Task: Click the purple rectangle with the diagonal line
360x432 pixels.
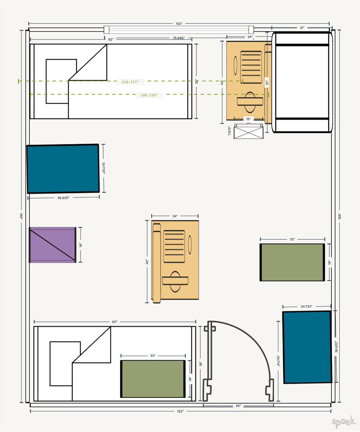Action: [x=53, y=245]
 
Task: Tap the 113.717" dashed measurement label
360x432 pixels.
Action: [x=130, y=82]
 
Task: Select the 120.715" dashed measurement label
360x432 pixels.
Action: [x=149, y=95]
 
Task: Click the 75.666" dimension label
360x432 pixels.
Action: [x=178, y=38]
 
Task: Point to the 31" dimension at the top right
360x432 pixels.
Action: [x=302, y=28]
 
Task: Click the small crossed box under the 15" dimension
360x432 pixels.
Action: [x=248, y=131]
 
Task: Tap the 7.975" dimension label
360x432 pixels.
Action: [x=230, y=131]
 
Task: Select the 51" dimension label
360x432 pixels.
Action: [x=266, y=81]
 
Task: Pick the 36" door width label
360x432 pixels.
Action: [x=238, y=406]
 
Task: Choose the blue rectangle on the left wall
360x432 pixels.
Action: [x=63, y=169]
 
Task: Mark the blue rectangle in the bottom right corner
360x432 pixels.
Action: [x=307, y=347]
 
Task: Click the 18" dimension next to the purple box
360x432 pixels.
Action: [x=81, y=245]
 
